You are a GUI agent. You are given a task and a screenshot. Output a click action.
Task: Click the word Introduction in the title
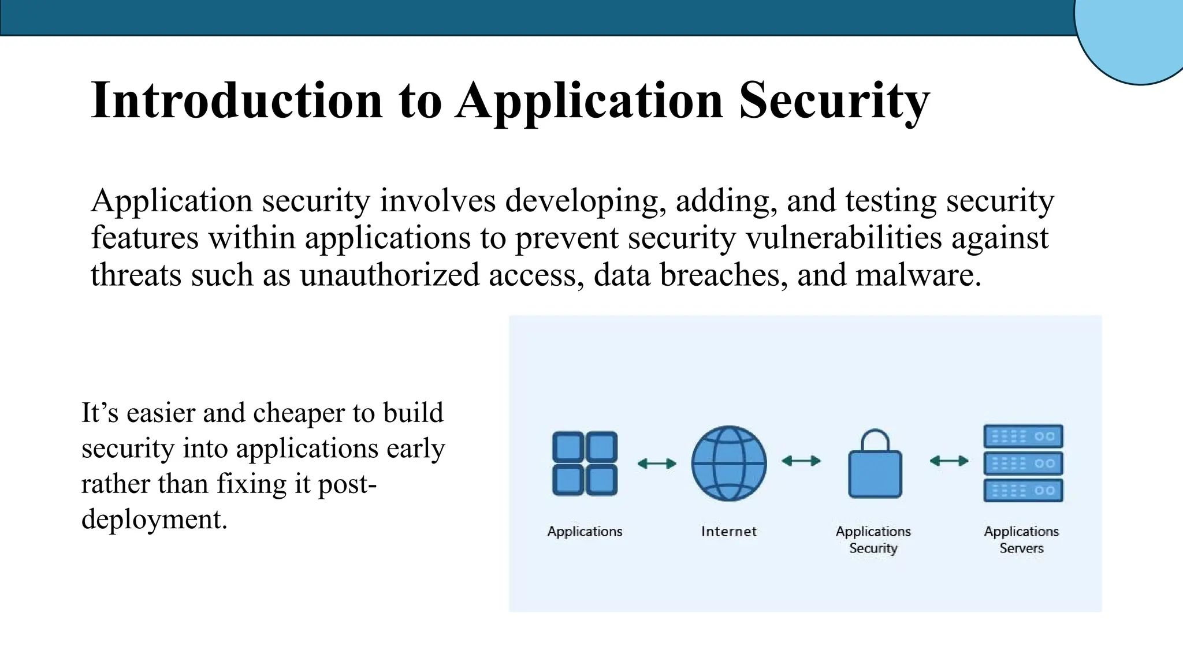[x=237, y=100]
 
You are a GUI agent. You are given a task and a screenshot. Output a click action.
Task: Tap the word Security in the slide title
[x=834, y=100]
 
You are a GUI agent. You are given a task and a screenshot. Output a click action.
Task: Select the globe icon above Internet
[x=729, y=464]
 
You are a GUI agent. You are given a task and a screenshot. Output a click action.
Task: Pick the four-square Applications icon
[x=585, y=464]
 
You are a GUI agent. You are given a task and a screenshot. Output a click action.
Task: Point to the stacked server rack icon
[x=1023, y=464]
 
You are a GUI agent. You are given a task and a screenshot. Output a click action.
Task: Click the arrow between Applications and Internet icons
[x=657, y=464]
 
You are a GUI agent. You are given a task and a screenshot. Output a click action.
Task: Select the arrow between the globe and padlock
[x=801, y=461]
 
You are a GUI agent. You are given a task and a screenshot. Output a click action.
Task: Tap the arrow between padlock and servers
[x=949, y=461]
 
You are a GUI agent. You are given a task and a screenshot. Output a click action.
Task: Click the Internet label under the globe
[x=729, y=532]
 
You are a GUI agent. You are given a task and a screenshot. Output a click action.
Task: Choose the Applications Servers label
[x=1021, y=540]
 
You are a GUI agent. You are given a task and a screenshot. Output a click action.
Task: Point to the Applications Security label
[x=873, y=540]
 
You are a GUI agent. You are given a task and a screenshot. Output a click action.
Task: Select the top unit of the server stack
[x=1023, y=436]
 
